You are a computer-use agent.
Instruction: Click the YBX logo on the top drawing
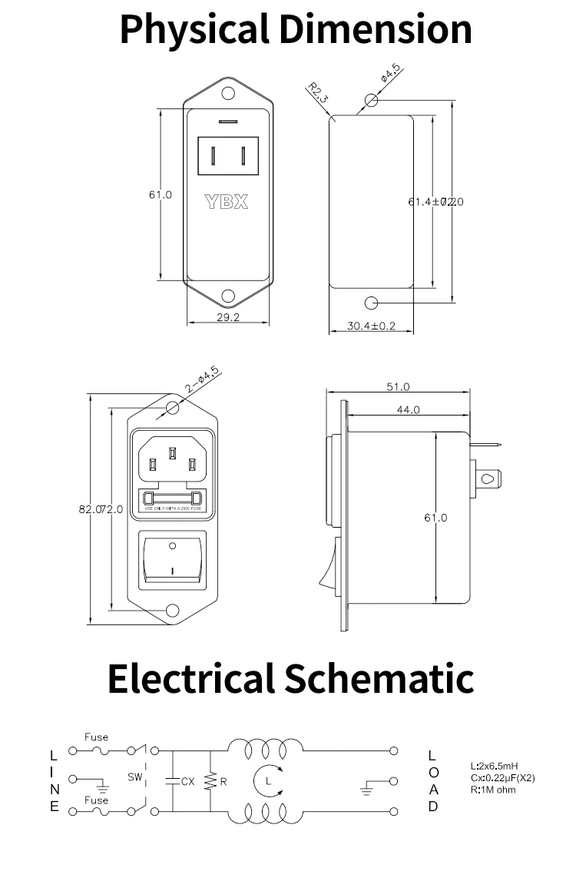click(x=227, y=203)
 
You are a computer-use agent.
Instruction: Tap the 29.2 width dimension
click(x=227, y=316)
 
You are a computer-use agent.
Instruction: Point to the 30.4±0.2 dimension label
click(x=370, y=326)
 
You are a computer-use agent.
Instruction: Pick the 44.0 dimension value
click(x=409, y=409)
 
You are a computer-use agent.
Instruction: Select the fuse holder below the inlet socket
click(x=173, y=499)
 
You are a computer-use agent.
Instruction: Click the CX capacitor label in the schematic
click(x=187, y=781)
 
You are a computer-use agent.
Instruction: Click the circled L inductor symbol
click(x=267, y=781)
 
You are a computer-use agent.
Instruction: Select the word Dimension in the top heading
click(x=375, y=29)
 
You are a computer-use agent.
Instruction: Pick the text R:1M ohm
click(x=492, y=790)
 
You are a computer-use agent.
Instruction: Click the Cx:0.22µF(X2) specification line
click(x=502, y=778)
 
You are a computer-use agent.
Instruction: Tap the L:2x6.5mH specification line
click(x=494, y=767)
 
